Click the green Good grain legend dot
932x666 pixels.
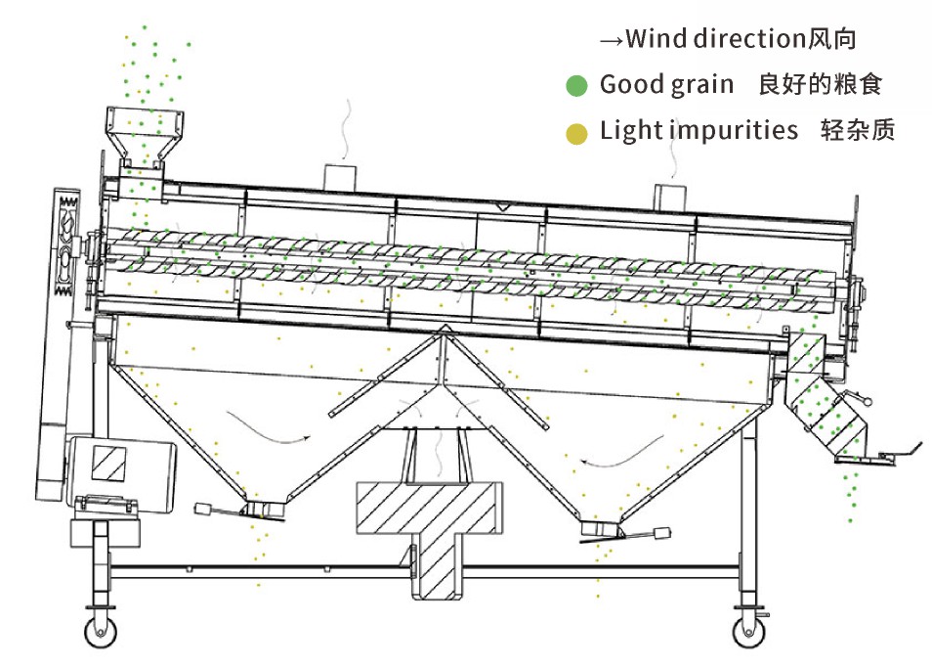click(x=576, y=86)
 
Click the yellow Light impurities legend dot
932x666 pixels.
click(x=576, y=132)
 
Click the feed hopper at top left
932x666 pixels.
click(x=145, y=132)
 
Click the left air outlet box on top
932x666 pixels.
click(x=342, y=177)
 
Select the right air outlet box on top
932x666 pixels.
click(x=670, y=193)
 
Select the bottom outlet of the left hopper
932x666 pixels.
click(x=263, y=510)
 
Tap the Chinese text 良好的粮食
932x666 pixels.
click(x=820, y=85)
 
